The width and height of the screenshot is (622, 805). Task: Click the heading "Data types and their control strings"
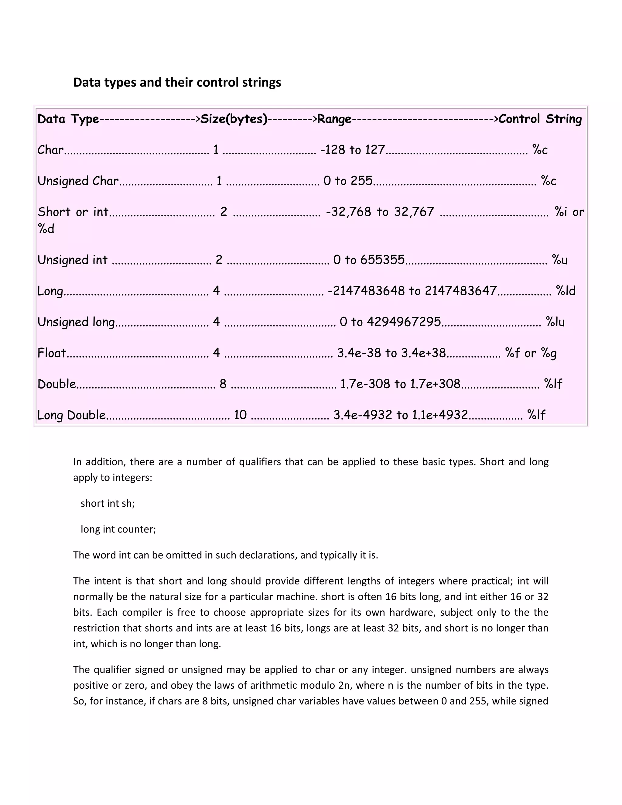[177, 82]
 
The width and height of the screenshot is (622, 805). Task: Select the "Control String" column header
[540, 119]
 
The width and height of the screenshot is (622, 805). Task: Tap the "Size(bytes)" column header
[234, 119]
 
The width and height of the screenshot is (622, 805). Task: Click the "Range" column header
[334, 119]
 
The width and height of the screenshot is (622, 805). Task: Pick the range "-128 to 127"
[353, 150]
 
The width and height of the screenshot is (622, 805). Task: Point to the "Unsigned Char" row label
[78, 181]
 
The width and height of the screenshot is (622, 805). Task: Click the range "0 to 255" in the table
[348, 181]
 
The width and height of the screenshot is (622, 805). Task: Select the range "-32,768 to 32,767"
[380, 212]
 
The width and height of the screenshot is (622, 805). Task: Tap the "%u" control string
[559, 260]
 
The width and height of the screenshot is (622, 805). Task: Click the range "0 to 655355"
[369, 260]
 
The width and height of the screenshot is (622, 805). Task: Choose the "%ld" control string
[565, 291]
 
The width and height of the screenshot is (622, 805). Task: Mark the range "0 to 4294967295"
[390, 322]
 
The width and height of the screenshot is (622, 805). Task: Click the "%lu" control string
[555, 322]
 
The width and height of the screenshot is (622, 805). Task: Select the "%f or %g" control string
[531, 353]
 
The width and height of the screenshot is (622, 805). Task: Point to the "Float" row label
[52, 353]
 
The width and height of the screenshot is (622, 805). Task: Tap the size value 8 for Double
[223, 384]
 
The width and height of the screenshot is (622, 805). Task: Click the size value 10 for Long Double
[240, 415]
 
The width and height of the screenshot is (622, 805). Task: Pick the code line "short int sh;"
[108, 503]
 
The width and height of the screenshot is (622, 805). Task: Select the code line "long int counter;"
[118, 529]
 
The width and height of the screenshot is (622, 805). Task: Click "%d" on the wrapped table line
[46, 229]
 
